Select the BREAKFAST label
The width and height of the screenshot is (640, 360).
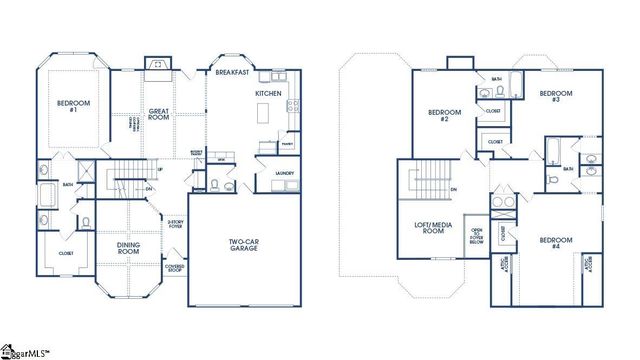coord(233,72)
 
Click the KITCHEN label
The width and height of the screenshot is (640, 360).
coord(268,93)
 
